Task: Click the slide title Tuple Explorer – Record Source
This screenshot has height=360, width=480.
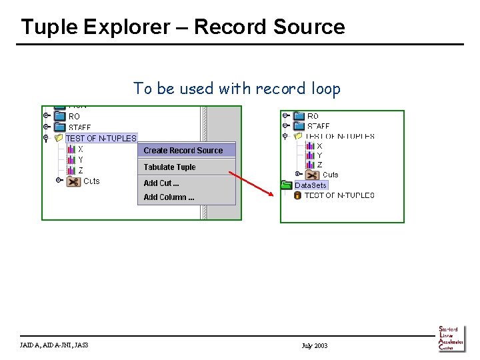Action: coord(183,27)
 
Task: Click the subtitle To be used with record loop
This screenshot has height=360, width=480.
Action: coord(237,88)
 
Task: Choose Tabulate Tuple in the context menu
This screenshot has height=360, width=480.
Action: coord(169,167)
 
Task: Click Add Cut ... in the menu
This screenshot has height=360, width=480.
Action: coord(161,183)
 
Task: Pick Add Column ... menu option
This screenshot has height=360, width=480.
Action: coord(169,197)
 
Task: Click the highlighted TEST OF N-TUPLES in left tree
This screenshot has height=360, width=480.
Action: coord(101,139)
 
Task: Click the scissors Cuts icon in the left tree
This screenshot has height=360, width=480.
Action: coord(73,181)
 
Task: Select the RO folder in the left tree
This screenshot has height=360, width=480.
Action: coord(73,116)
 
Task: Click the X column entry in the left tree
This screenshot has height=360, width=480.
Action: coord(80,149)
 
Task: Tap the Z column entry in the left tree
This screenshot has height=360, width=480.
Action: coord(80,171)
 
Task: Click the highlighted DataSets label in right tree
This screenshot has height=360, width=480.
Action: coord(311,185)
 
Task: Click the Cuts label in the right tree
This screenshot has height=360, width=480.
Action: coord(330,175)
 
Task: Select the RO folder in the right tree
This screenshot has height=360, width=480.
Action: coord(313,116)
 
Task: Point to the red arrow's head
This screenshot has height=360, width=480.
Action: coord(273,196)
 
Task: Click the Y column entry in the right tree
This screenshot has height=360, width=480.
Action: coord(319,155)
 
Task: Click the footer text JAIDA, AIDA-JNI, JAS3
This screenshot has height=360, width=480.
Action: coord(54,345)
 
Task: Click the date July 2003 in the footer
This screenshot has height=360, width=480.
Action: coord(315,345)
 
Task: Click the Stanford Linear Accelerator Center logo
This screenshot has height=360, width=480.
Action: coord(451,339)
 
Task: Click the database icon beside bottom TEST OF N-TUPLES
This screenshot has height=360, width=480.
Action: coord(297,195)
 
